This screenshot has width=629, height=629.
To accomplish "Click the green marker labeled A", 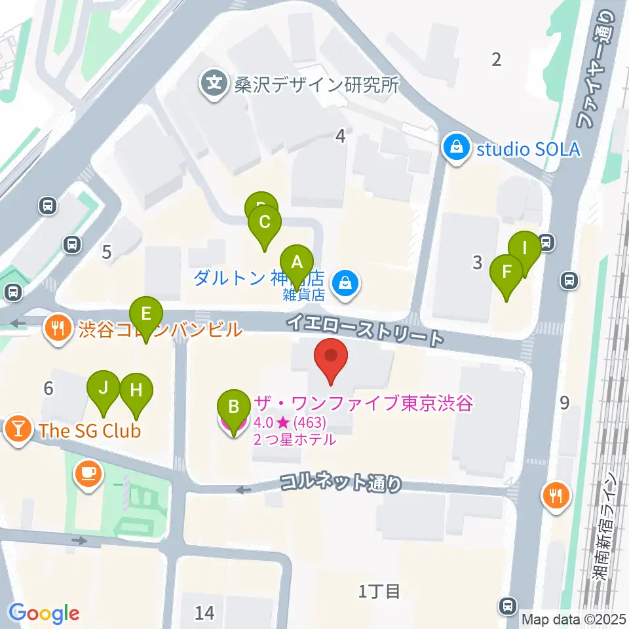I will [x=297, y=263].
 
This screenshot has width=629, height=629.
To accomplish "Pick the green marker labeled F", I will [x=506, y=272].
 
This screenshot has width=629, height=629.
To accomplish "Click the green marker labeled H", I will [x=136, y=391].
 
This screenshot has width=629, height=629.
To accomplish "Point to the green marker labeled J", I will [x=104, y=388].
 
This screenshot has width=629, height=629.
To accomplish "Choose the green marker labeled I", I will [x=524, y=249].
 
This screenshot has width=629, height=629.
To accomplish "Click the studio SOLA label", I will [x=528, y=149].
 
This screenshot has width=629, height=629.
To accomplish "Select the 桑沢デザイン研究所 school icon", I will [x=214, y=85].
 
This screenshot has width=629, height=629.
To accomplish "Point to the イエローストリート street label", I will [x=364, y=330].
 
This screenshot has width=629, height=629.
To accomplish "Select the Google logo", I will [x=45, y=613].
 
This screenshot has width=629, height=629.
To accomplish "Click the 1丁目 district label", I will [x=379, y=592].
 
